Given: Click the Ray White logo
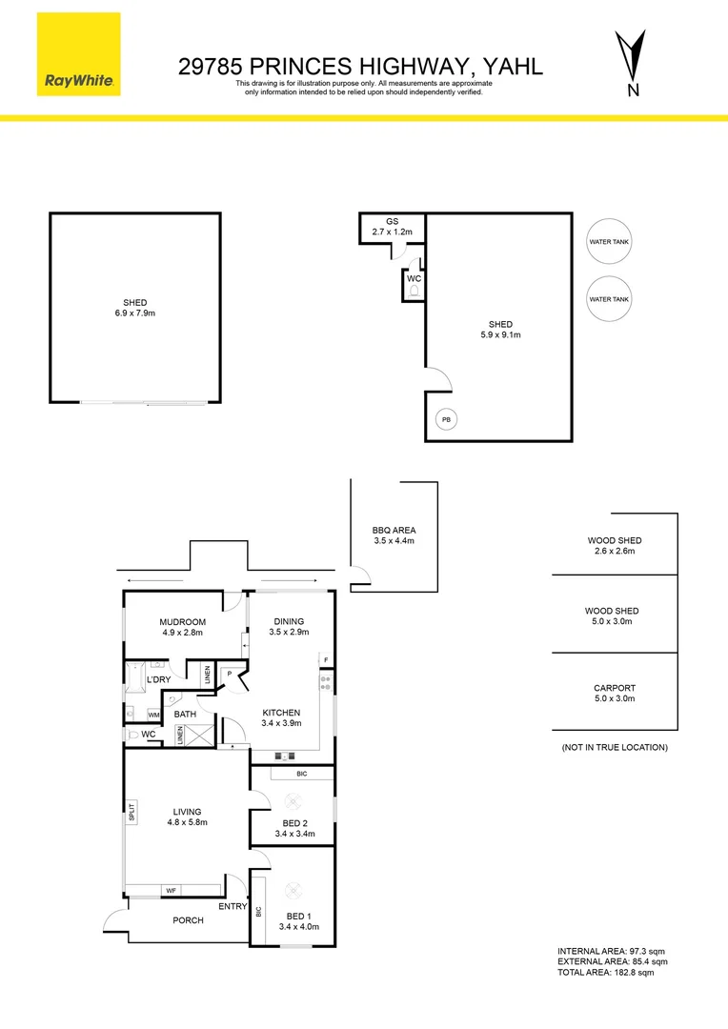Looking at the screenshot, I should tap(80, 54).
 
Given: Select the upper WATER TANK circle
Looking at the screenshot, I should tap(609, 242).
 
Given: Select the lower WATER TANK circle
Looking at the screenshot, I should tap(609, 298).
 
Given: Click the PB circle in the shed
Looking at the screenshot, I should tap(445, 419).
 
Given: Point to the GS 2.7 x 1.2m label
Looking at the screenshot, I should tap(392, 226).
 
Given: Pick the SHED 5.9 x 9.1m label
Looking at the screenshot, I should tap(500, 330).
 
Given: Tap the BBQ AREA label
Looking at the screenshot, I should tap(394, 535).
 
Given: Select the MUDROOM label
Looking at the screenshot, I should tap(181, 625).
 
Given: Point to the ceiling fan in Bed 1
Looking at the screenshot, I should tap(294, 891).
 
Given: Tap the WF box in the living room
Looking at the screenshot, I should tap(172, 891).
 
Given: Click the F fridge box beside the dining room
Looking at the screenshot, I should tap(326, 659).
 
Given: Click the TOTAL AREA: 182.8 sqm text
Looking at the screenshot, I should tap(606, 972).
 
